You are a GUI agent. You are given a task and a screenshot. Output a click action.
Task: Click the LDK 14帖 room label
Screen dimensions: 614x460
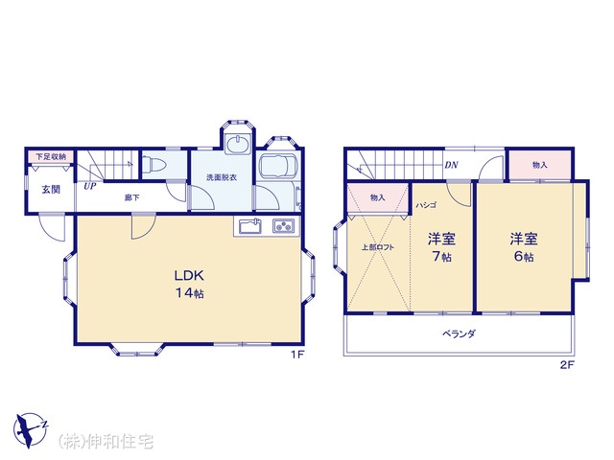(189, 284)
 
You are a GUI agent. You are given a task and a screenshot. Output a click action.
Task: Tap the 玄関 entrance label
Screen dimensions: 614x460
(51, 190)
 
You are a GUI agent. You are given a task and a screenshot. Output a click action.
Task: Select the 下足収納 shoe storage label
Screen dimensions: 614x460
(51, 157)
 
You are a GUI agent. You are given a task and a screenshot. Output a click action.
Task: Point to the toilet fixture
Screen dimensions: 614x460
(153, 165)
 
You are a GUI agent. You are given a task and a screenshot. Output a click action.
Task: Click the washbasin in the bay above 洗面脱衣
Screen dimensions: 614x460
(237, 145)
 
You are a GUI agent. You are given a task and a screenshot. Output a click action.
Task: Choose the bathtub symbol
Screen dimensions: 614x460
(278, 166)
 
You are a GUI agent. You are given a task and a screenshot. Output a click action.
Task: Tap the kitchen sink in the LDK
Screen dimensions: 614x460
(250, 226)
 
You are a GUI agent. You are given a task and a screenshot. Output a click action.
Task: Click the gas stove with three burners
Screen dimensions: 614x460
(284, 226)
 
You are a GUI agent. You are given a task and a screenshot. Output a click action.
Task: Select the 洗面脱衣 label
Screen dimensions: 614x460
(222, 177)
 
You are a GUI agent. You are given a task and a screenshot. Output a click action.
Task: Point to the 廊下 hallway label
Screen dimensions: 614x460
(131, 197)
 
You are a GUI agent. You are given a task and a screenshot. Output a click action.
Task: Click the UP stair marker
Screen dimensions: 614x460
(89, 186)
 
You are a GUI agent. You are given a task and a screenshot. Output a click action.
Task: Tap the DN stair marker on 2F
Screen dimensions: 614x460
(451, 165)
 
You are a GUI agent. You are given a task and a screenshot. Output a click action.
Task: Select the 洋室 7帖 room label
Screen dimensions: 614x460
(441, 247)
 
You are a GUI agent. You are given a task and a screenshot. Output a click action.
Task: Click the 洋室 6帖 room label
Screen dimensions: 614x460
(524, 247)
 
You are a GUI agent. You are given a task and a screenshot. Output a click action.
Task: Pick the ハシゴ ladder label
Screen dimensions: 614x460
(426, 205)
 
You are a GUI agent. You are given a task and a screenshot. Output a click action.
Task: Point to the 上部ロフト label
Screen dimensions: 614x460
(377, 247)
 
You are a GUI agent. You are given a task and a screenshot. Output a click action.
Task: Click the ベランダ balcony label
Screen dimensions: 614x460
(459, 334)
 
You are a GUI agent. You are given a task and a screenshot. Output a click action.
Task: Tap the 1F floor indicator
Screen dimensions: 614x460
(297, 355)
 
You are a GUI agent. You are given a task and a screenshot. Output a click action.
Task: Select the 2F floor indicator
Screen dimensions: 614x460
(567, 365)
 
